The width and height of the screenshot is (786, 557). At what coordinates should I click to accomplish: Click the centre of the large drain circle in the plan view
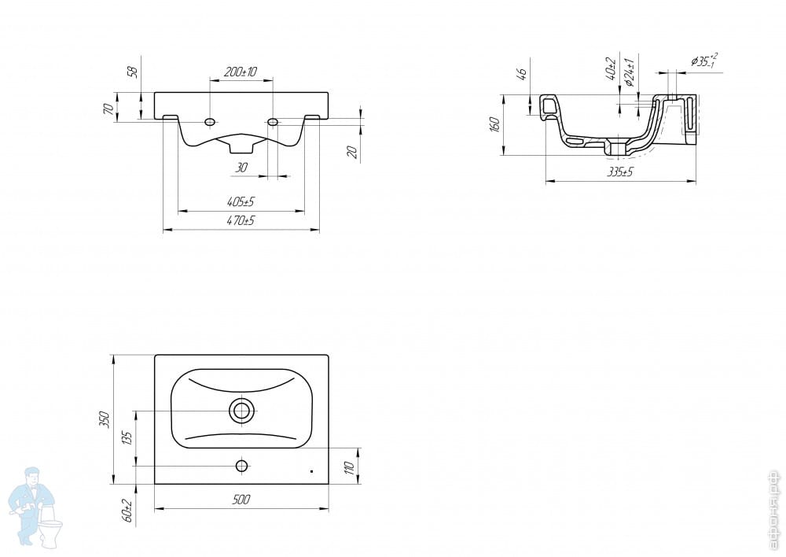[x=241, y=411]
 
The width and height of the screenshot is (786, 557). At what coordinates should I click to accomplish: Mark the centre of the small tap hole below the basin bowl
[x=241, y=467]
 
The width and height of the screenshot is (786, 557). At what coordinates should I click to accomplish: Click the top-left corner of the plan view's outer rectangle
[x=154, y=356]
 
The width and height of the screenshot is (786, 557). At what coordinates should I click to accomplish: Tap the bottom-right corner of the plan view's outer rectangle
[x=329, y=485]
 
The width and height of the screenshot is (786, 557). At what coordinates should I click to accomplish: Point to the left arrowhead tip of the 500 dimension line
[x=154, y=509]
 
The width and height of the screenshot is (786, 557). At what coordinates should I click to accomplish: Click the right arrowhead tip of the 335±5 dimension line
[x=696, y=181]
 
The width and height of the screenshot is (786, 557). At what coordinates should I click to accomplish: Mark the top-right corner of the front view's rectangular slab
[x=329, y=92]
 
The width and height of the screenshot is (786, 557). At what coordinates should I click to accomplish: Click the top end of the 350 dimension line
[x=114, y=356]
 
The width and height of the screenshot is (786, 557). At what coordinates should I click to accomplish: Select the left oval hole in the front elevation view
[x=210, y=122]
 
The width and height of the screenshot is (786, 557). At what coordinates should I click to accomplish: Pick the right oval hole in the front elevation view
[x=273, y=122]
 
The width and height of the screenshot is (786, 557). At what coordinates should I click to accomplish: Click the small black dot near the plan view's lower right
[x=311, y=472]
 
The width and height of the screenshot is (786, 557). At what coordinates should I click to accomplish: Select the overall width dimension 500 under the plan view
[x=241, y=500]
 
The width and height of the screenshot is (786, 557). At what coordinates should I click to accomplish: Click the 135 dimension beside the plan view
[x=127, y=438]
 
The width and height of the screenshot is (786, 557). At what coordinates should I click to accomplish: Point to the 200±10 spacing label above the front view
[x=240, y=72]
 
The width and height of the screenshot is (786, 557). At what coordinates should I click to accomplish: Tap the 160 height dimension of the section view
[x=494, y=124]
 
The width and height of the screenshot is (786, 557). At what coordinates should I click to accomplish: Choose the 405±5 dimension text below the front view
[x=241, y=201]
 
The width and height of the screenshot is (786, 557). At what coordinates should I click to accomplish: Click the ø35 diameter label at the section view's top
[x=703, y=61]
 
